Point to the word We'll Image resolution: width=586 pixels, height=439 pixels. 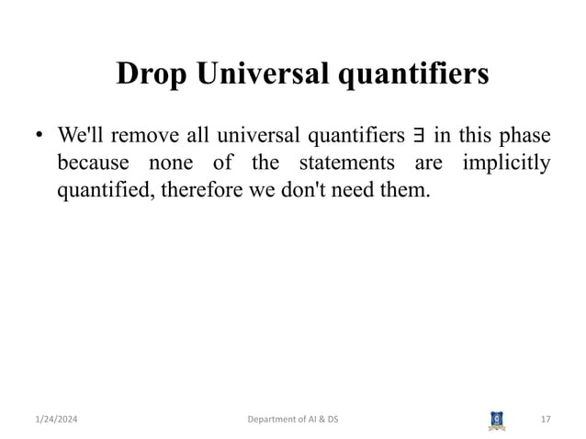83,137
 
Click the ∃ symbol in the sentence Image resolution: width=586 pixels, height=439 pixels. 419,138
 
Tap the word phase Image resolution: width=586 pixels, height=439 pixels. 526,137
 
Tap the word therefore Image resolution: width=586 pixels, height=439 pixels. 190,192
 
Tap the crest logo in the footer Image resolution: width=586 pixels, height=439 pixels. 496,420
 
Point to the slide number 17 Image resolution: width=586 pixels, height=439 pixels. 546,420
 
